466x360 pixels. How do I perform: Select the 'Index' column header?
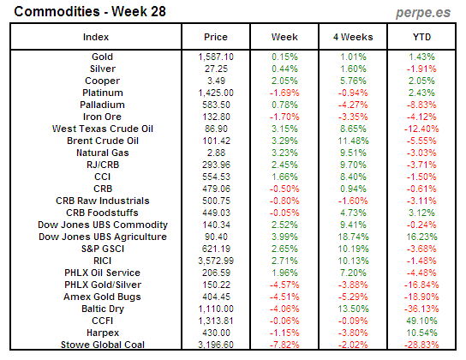(95, 38)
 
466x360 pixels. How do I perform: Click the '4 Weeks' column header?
(353, 38)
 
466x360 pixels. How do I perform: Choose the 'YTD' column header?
(421, 38)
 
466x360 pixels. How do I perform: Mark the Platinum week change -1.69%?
(284, 92)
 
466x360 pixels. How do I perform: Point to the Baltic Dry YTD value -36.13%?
(421, 308)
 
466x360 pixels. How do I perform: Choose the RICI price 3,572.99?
(216, 260)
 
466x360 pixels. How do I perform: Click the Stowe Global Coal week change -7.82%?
(284, 344)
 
